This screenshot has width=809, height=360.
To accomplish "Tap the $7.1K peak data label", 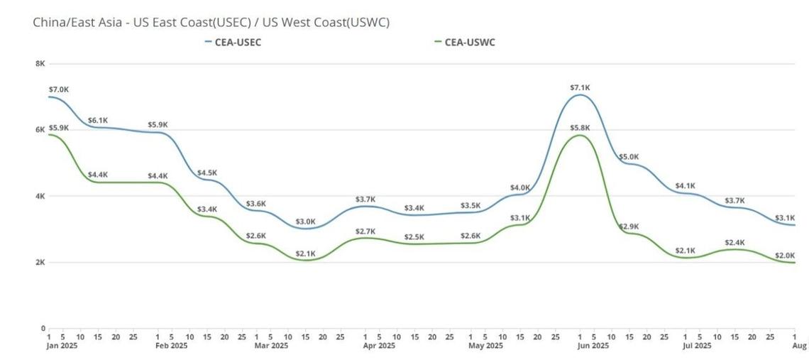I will [580, 87].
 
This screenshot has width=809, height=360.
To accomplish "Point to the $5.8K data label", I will [580, 128].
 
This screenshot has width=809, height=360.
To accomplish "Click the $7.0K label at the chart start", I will [59, 89].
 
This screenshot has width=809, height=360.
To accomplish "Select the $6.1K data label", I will [98, 121].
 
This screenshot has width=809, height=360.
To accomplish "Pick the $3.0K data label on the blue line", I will [305, 222].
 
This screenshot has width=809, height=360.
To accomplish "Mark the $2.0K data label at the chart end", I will [784, 256].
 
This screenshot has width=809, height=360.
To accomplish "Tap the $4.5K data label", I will [207, 173].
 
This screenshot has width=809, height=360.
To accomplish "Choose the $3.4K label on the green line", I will [207, 209].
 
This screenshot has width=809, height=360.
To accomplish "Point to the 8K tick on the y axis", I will [40, 64].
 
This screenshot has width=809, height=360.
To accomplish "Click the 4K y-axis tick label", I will [40, 196].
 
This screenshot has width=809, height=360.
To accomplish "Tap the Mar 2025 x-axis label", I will [270, 346].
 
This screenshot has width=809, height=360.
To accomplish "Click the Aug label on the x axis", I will [799, 346].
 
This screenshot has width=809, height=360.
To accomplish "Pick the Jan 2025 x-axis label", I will [61, 346].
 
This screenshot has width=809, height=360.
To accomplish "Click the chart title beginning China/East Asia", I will [211, 22].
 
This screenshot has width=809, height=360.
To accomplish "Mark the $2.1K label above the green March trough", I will [305, 253].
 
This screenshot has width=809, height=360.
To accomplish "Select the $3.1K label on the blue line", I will [784, 217].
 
